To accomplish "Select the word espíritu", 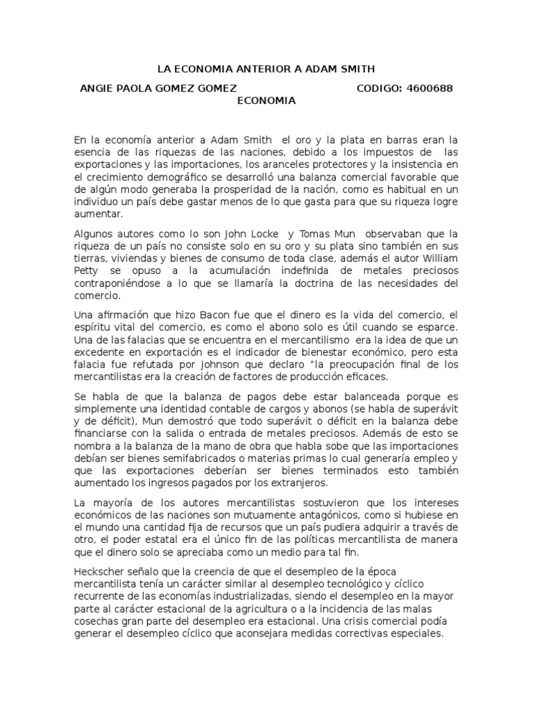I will pos(94,327).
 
